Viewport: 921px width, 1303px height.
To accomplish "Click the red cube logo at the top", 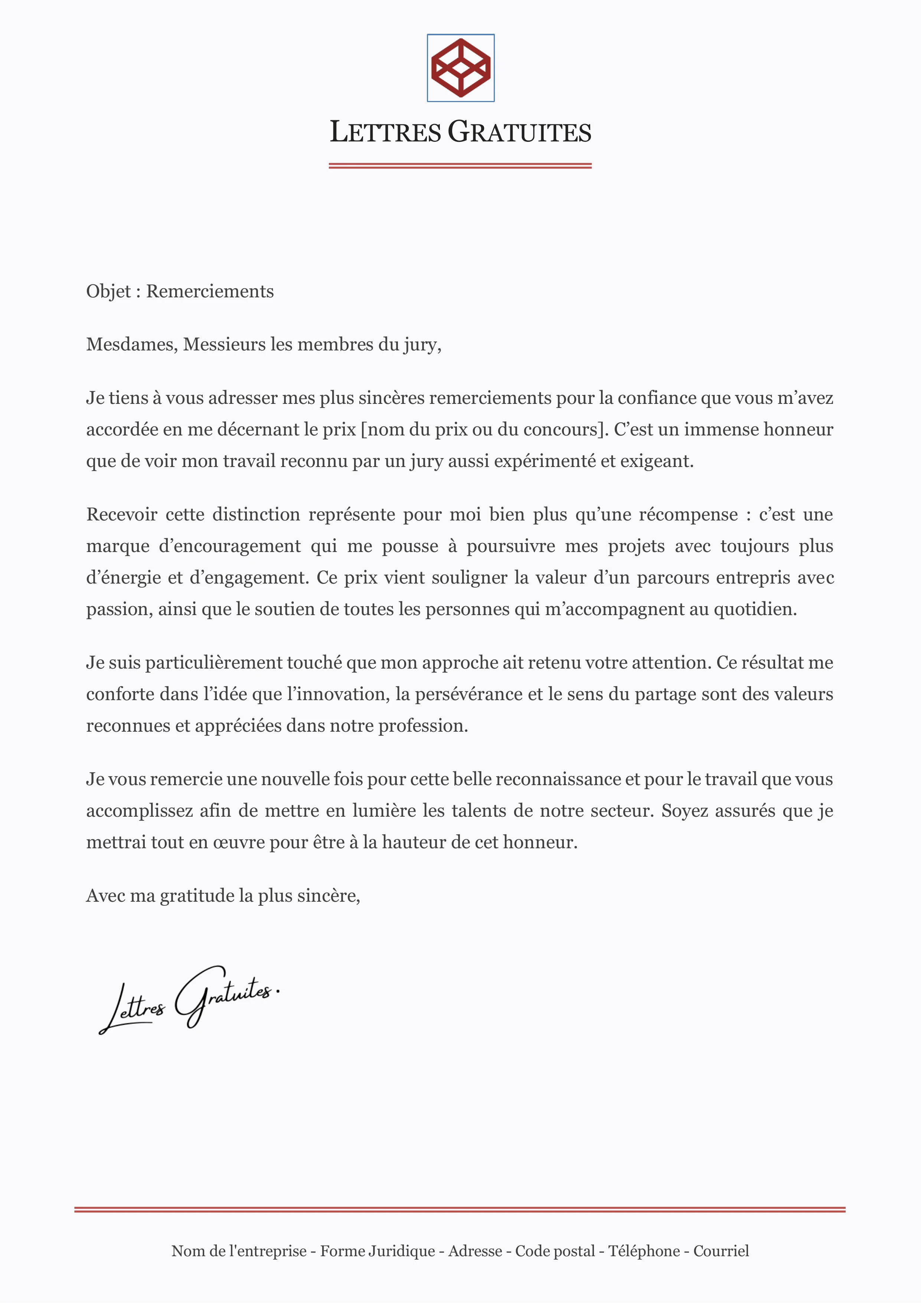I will click(460, 68).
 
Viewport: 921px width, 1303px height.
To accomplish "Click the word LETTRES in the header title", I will click(385, 132).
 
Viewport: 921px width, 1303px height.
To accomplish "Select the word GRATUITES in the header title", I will click(519, 132).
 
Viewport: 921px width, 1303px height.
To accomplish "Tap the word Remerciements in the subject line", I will click(210, 291).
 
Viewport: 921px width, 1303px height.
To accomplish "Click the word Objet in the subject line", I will click(108, 291).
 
